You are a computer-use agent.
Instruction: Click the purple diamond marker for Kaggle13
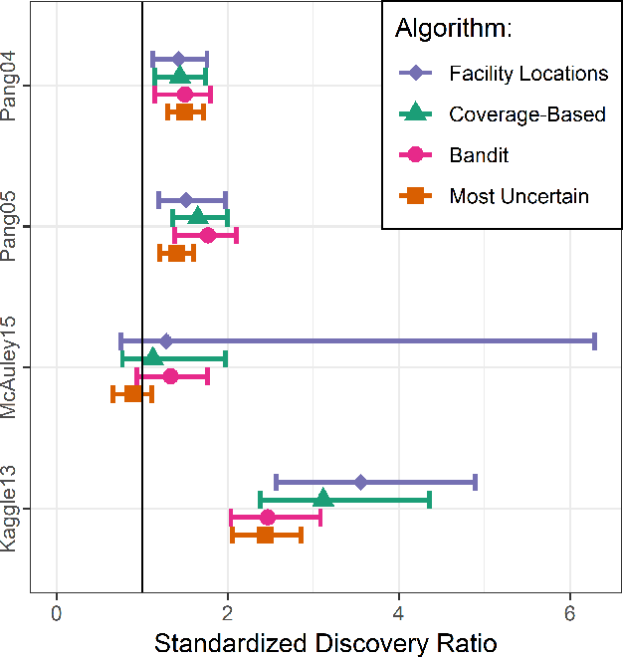pos(360,482)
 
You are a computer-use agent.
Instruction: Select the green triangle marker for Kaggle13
pos(323,499)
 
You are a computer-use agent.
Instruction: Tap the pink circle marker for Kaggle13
pos(267,517)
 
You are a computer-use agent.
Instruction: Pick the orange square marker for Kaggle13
pos(265,535)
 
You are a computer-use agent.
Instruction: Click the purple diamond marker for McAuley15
pos(166,341)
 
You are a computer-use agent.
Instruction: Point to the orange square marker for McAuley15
pos(132,394)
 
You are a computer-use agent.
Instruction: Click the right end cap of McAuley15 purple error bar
pos(594,341)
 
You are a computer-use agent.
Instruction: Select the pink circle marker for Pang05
pos(207,235)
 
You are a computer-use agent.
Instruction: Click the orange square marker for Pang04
pos(184,111)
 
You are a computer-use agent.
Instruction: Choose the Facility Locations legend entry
pos(527,74)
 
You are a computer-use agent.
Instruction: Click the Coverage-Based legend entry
pos(526,114)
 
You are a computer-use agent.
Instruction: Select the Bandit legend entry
pos(479,155)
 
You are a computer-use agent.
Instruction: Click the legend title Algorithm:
pos(454,29)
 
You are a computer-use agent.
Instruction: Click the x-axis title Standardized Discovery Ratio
pos(324,642)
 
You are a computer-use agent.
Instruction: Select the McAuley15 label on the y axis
pos(9,367)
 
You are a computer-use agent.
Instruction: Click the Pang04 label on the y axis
pos(9,87)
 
